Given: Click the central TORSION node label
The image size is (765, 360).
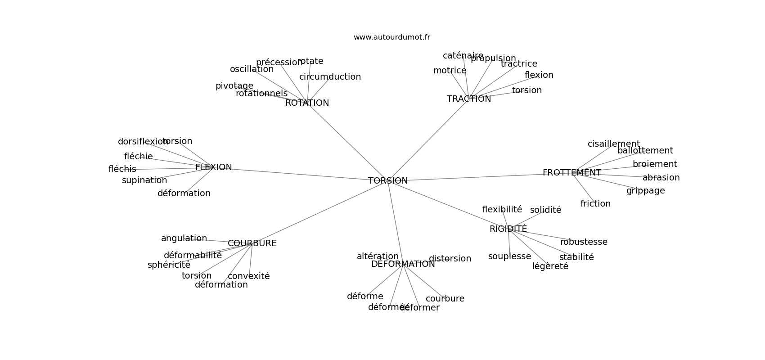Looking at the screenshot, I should [x=388, y=181].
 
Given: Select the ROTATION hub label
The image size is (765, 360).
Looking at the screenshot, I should [x=307, y=103].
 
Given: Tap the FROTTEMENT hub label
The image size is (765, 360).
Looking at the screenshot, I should [x=571, y=173].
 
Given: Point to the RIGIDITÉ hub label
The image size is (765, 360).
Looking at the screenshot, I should [x=508, y=229].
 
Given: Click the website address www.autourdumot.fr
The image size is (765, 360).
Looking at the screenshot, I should [x=391, y=37].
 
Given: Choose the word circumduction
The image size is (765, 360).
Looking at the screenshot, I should [x=330, y=77].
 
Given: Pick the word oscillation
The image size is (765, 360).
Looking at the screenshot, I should [x=252, y=69].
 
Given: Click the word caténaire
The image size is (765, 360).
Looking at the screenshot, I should [x=463, y=56].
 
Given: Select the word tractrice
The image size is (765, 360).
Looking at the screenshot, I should [x=519, y=64].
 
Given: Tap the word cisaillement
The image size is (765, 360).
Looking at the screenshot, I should [x=613, y=144].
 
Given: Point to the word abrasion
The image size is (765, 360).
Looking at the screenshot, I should [x=661, y=178].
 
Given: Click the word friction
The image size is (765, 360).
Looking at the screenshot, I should [x=595, y=204].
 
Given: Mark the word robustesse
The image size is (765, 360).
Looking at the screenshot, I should [x=584, y=242].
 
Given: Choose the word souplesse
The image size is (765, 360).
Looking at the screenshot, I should [x=509, y=256].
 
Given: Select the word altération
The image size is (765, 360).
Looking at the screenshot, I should [x=378, y=256].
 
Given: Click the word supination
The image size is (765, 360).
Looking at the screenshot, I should [x=144, y=180].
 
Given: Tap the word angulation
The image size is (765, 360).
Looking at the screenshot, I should [x=184, y=238].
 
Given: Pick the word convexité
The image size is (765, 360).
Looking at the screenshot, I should [x=248, y=276].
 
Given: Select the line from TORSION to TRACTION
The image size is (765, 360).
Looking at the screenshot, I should [x=427, y=140].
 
